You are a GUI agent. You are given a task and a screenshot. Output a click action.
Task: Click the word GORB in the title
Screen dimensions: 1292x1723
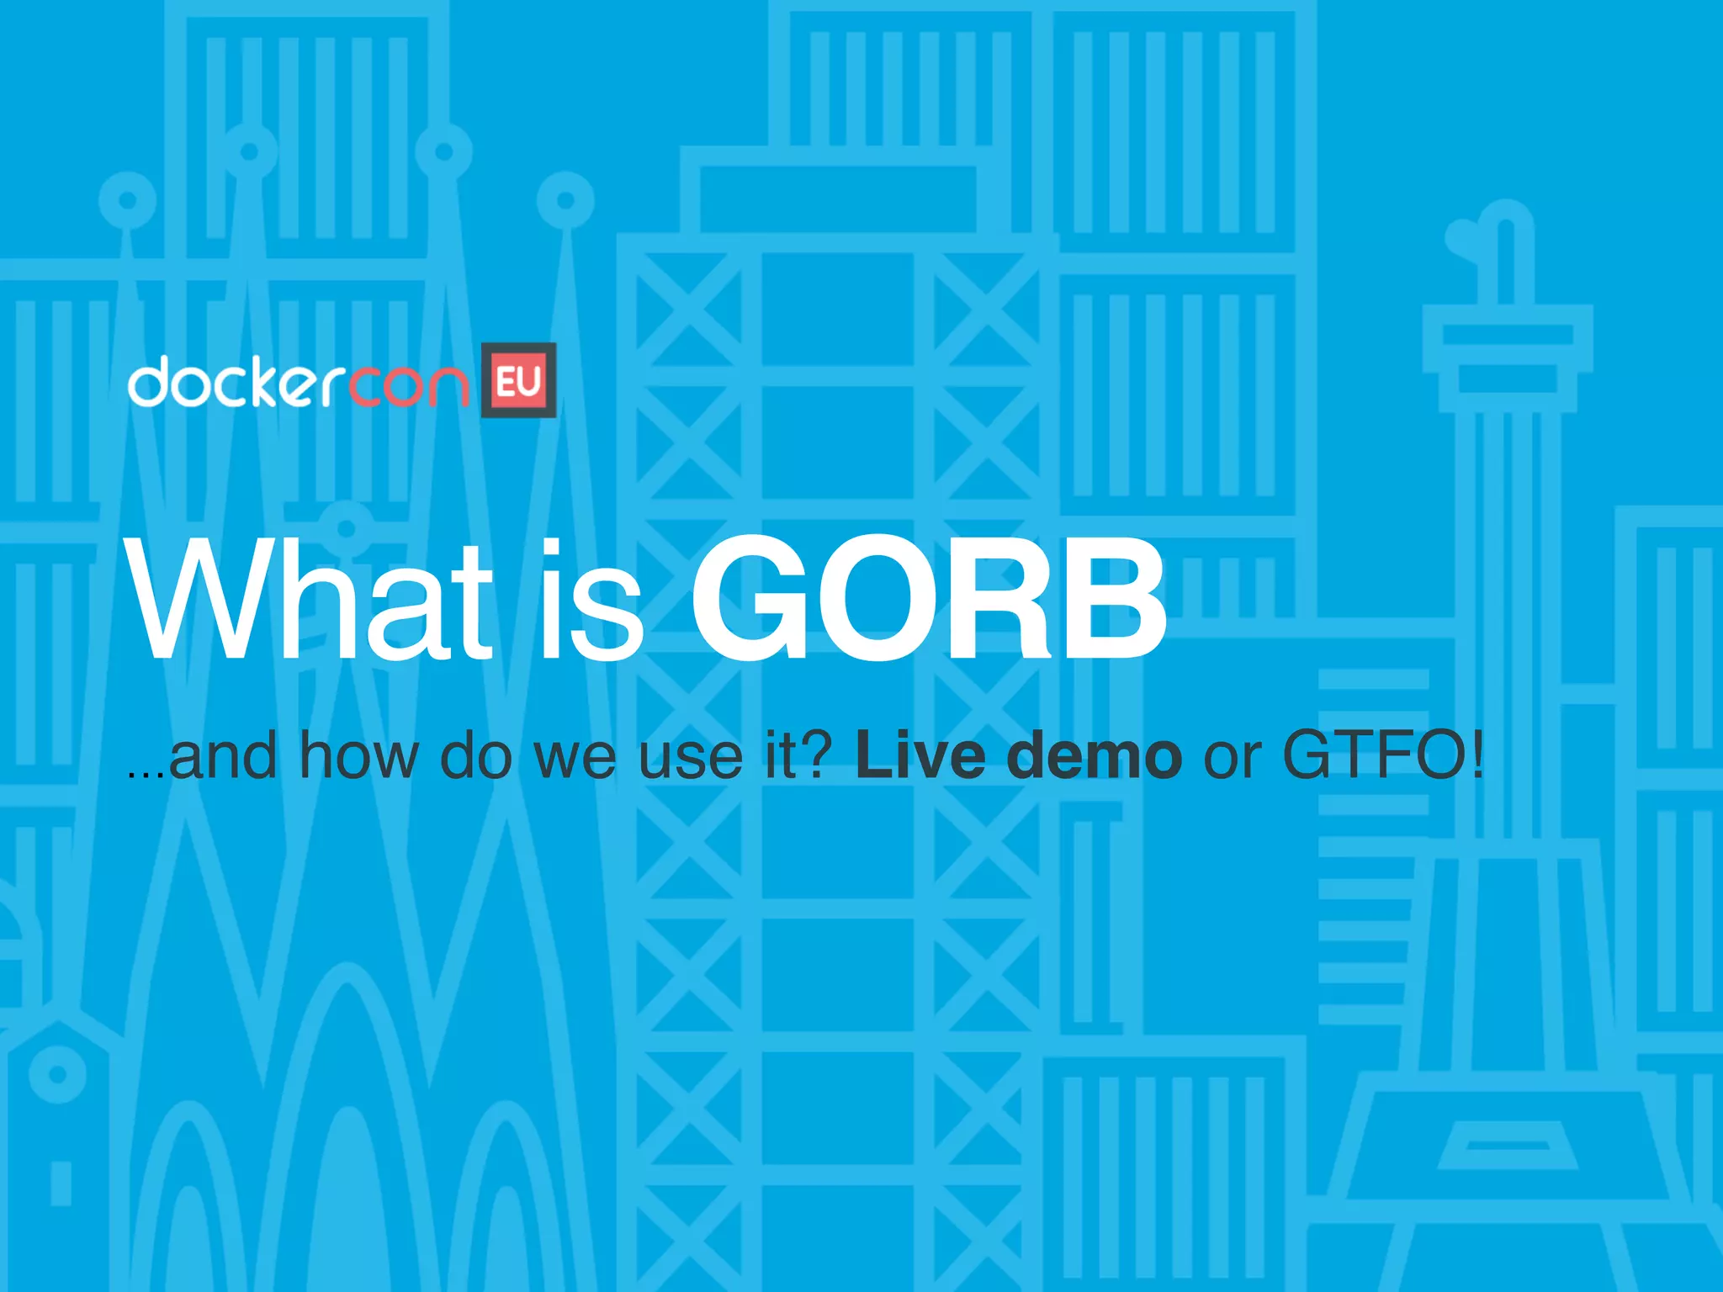coord(928,599)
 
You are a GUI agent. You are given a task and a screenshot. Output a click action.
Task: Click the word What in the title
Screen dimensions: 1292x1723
coord(308,599)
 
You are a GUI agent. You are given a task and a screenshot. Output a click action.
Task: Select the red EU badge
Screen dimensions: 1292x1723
coord(518,380)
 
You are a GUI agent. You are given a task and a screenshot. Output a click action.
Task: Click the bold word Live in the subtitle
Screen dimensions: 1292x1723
coord(920,755)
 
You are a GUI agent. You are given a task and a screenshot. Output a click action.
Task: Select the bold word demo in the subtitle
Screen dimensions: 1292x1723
coord(1094,755)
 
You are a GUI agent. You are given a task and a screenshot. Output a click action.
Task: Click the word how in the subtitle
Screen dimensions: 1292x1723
coord(358,755)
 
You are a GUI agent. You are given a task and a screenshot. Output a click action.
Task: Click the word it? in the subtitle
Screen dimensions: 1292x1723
coord(798,755)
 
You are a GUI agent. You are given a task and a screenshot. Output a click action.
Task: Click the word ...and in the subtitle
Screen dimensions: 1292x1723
coord(202,755)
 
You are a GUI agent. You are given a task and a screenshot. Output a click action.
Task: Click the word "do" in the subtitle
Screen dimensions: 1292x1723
coord(475,755)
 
